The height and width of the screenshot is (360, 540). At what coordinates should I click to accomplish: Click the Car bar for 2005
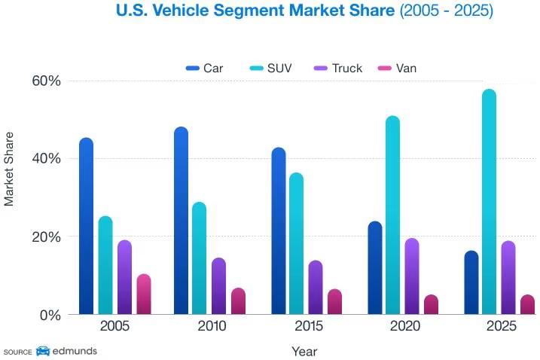86,226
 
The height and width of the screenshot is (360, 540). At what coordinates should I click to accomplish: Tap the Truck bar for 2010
218,286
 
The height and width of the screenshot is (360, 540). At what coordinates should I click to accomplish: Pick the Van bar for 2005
143,294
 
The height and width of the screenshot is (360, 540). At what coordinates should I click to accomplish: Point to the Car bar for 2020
374,268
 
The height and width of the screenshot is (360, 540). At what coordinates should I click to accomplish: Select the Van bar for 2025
527,304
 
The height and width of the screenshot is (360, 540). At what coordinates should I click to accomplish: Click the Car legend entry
205,69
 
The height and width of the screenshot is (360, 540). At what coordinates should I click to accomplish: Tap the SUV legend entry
270,69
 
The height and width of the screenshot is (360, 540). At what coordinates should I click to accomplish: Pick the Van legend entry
399,69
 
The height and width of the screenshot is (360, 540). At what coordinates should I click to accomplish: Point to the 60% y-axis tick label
45,81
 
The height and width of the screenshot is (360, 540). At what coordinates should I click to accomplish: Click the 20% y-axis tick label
45,236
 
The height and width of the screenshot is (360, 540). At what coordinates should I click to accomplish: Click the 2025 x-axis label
500,327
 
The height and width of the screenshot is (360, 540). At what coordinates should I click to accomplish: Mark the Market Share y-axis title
10,169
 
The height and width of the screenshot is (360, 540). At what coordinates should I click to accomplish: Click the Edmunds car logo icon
43,351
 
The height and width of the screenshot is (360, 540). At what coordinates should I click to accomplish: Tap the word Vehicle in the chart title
185,11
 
